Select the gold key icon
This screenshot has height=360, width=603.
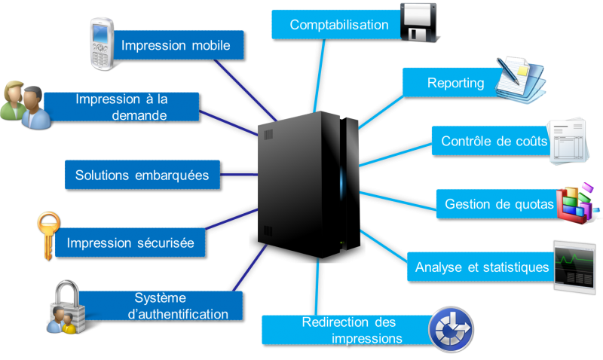pos(47,231)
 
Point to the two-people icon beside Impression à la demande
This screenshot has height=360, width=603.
pos(24,103)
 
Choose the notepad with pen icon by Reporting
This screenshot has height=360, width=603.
pos(519,78)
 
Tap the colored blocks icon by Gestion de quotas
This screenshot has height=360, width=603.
pos(576,203)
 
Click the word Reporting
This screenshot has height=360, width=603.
pos(455,83)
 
